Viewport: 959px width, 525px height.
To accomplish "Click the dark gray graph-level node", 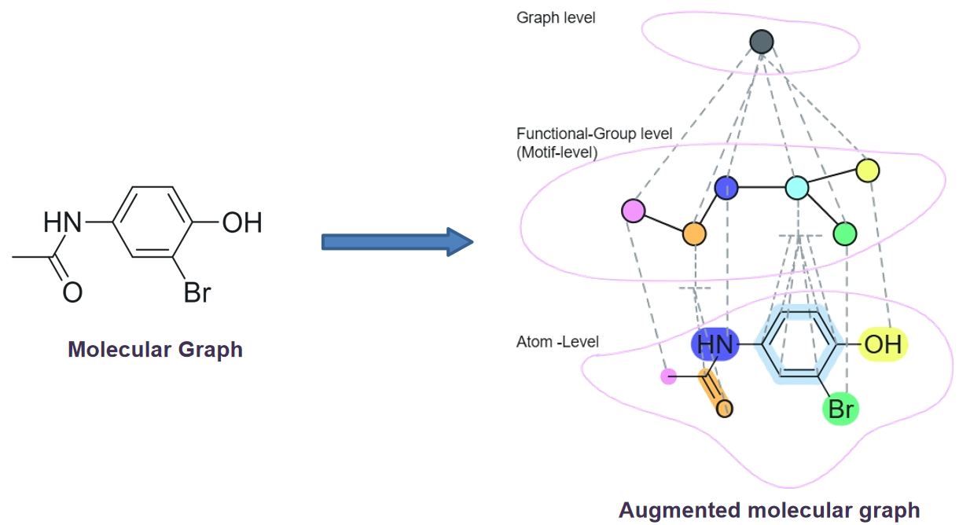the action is click(762, 42).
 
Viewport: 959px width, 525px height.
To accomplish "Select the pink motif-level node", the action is click(634, 211).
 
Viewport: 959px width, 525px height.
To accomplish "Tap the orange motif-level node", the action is click(694, 233).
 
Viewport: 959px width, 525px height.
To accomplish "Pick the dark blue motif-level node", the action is click(726, 188).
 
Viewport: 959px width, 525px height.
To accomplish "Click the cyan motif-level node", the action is click(797, 188).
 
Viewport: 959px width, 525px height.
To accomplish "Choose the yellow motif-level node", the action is click(868, 171).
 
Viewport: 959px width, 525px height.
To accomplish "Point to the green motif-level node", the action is click(845, 233).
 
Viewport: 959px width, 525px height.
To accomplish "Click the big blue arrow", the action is click(397, 242).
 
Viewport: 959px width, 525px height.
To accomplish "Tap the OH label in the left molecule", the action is click(242, 222).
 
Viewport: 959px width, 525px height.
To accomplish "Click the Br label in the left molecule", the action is click(197, 292).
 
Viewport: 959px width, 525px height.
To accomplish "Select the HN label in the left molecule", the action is click(62, 222).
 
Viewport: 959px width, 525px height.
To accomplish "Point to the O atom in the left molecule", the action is click(72, 292).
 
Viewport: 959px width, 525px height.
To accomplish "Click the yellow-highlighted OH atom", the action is click(883, 344).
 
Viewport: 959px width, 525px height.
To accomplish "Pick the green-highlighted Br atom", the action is click(841, 409).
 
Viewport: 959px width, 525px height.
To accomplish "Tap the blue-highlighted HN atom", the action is click(715, 344).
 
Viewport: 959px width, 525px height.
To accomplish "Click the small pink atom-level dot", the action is click(668, 376).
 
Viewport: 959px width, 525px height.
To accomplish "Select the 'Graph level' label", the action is click(556, 18).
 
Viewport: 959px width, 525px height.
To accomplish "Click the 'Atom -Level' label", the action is click(557, 342).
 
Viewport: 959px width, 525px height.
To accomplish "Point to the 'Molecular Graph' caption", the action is click(156, 350).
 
